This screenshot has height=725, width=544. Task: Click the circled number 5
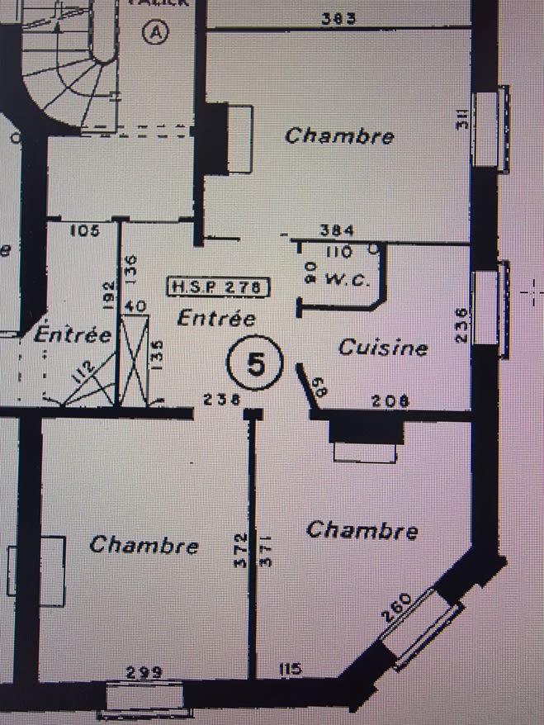pos(257,363)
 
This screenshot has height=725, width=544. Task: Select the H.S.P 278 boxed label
pos(219,287)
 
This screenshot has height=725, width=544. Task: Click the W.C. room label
pos(346,279)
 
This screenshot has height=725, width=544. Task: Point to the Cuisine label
pos(383,348)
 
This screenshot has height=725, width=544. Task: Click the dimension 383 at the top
pos(339,18)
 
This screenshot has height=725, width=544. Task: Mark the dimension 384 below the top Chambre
pos(338,230)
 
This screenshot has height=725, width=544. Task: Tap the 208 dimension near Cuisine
pos(391,400)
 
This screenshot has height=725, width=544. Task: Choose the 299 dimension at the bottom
pos(144,671)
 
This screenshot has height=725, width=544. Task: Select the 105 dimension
pos(84,230)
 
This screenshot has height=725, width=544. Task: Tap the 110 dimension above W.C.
pos(339,251)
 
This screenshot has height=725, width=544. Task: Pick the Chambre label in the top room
pos(339,136)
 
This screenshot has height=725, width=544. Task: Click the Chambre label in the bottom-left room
pos(144,545)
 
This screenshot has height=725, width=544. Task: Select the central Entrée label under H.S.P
pos(216,318)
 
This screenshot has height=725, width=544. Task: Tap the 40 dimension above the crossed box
pos(136,306)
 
